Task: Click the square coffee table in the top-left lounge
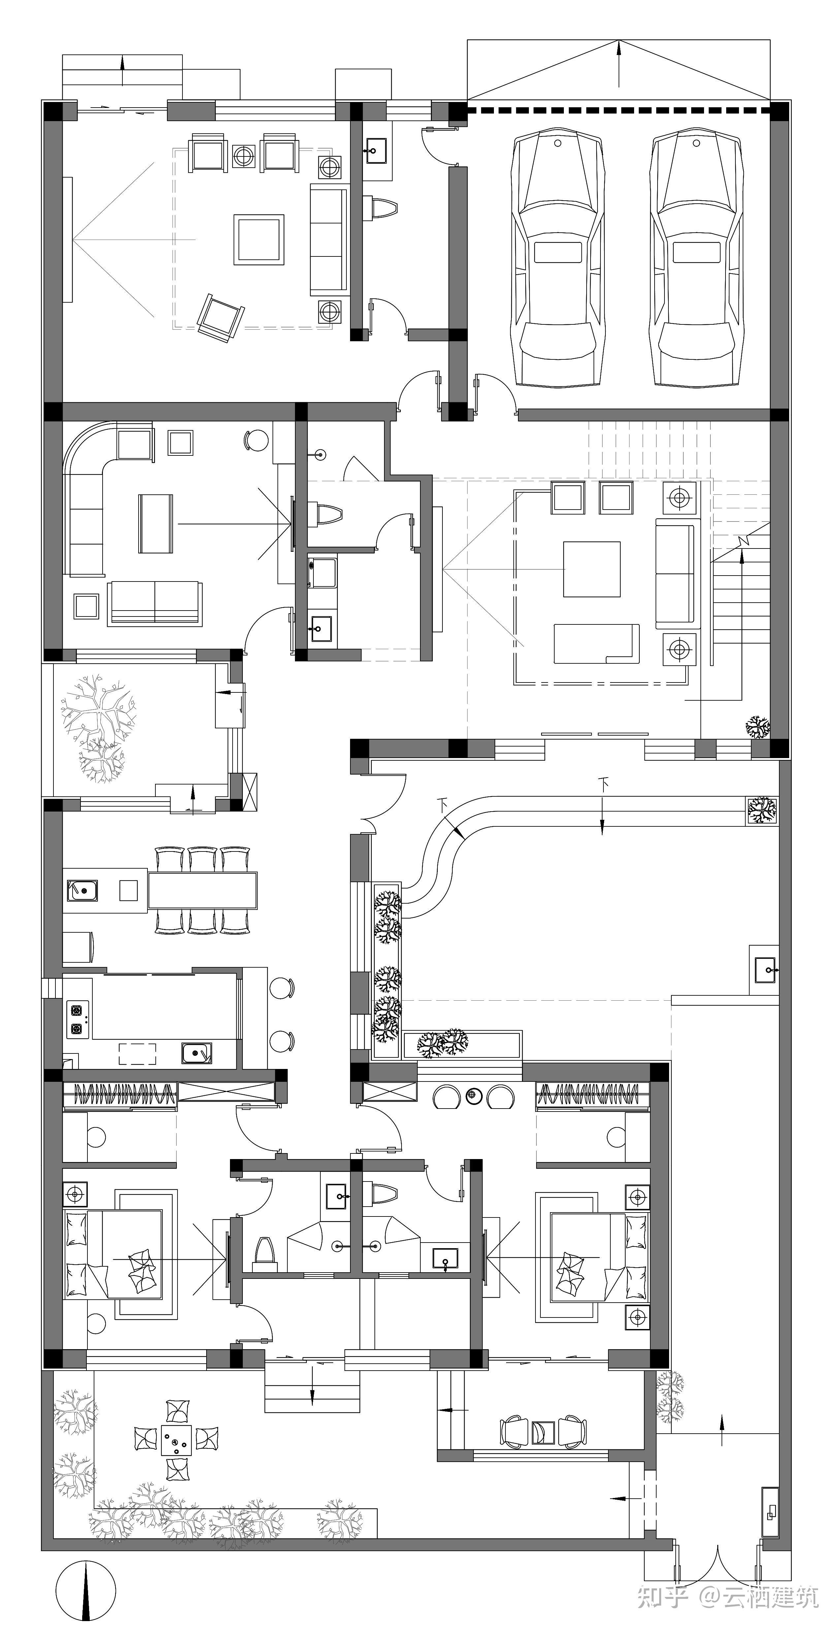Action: coord(259,239)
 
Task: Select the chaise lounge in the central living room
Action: coord(596,643)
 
